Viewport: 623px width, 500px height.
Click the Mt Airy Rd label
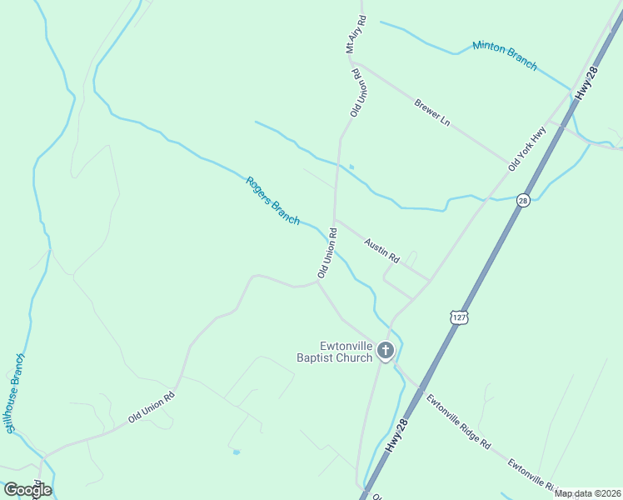pyautogui.click(x=354, y=34)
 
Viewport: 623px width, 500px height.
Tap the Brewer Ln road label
pyautogui.click(x=432, y=112)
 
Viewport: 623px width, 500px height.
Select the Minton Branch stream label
pyautogui.click(x=505, y=55)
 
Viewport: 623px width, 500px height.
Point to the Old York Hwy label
pyautogui.click(x=526, y=149)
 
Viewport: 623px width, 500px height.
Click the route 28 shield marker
pyautogui.click(x=523, y=200)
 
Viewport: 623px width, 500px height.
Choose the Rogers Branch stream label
pyautogui.click(x=272, y=201)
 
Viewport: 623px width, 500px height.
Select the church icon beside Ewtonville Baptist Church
pyautogui.click(x=385, y=351)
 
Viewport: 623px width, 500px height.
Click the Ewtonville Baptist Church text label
pyautogui.click(x=333, y=352)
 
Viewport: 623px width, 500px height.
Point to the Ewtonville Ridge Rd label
pyautogui.click(x=458, y=422)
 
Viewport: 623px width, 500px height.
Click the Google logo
pyautogui.click(x=27, y=490)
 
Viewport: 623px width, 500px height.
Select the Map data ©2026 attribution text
pyautogui.click(x=587, y=493)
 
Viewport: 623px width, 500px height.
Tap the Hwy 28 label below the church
pyautogui.click(x=399, y=436)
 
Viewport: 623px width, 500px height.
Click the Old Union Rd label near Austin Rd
pyautogui.click(x=326, y=252)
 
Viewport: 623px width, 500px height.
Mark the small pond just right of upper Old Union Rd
pyautogui.click(x=351, y=167)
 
